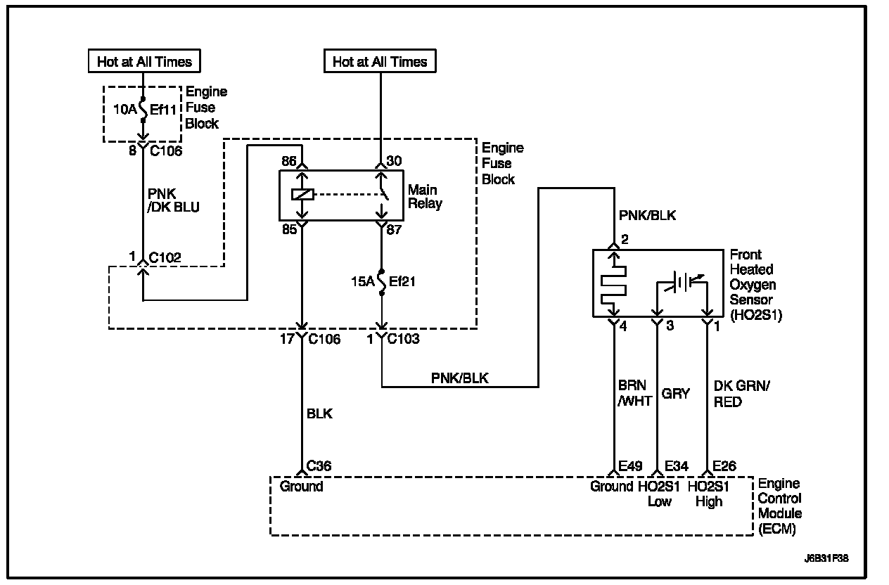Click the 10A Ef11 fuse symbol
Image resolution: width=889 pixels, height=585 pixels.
click(143, 110)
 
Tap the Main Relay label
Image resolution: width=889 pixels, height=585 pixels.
click(426, 197)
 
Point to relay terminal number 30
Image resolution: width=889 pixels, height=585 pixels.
click(394, 162)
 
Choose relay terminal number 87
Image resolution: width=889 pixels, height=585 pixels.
click(394, 229)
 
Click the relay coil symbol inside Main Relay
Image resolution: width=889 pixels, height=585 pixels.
click(302, 195)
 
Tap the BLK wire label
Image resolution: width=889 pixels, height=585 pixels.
click(319, 414)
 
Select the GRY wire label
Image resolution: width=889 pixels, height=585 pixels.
click(676, 394)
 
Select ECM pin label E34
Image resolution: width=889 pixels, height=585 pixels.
click(675, 465)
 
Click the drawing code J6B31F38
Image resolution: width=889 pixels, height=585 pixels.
click(827, 560)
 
